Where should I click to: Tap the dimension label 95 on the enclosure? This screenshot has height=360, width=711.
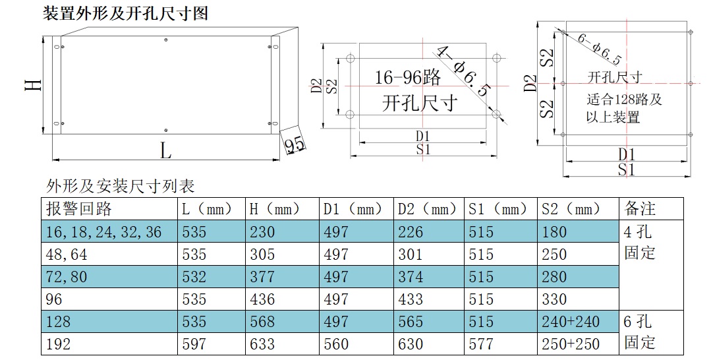click(x=295, y=145)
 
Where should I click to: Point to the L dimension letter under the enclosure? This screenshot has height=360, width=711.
click(x=165, y=150)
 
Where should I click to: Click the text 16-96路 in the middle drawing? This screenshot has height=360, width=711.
click(x=408, y=78)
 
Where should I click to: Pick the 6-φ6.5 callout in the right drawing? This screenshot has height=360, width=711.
click(x=600, y=49)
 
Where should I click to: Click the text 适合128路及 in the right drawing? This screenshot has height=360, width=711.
click(x=625, y=99)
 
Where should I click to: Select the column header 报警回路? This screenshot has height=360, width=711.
click(x=79, y=209)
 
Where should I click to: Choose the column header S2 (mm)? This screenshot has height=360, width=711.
click(x=571, y=209)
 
